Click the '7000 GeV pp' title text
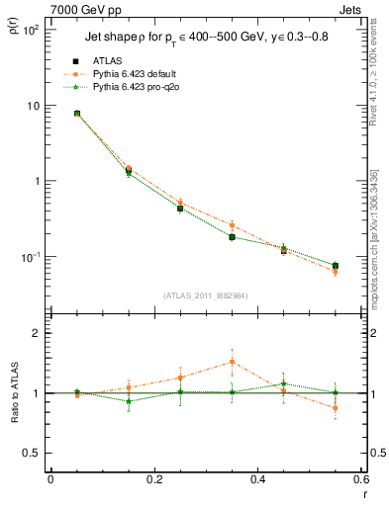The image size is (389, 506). pos(81,8)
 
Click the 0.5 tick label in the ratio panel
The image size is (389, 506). pos(32,453)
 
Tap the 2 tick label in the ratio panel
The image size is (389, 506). pos(38,334)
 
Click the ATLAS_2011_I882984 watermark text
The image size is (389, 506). pos(204,295)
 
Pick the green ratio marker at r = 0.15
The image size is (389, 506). pos(129,401)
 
